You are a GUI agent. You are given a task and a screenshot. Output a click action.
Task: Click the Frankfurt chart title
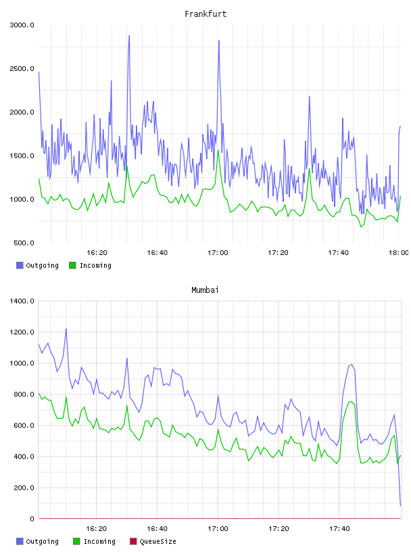click(205, 14)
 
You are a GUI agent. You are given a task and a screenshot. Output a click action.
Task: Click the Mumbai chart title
click(205, 290)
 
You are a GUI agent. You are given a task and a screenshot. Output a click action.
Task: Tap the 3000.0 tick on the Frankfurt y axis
click(22, 25)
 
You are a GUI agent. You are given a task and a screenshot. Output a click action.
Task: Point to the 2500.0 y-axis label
click(22, 68)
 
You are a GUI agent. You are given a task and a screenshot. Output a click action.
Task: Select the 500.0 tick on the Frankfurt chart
click(24, 243)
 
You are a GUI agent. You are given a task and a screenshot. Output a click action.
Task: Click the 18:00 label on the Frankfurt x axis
click(398, 253)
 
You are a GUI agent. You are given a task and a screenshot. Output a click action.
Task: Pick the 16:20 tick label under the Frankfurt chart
click(97, 253)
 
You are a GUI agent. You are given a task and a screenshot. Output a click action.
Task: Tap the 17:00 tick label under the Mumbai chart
click(218, 529)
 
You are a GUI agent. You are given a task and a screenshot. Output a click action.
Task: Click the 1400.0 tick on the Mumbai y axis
click(22, 301)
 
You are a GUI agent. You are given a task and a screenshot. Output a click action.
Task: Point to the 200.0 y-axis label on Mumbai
click(24, 488)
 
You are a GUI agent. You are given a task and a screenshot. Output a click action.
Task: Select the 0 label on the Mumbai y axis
click(32, 519)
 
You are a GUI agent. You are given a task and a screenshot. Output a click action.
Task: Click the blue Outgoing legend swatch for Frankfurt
click(20, 265)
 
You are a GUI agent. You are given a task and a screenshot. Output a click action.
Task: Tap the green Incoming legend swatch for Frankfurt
click(72, 265)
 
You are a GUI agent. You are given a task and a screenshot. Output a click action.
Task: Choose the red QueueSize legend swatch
click(133, 541)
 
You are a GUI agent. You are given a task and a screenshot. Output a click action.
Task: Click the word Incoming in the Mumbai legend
click(99, 541)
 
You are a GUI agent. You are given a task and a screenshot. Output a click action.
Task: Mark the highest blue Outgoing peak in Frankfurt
click(129, 36)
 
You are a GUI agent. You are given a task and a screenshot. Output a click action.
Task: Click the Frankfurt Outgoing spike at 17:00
click(219, 41)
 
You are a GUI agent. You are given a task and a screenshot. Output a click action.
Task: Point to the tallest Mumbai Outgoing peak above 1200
click(66, 329)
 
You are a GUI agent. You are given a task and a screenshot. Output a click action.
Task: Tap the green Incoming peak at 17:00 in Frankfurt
click(218, 150)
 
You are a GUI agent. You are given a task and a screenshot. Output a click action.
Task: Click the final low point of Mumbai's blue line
click(400, 506)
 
